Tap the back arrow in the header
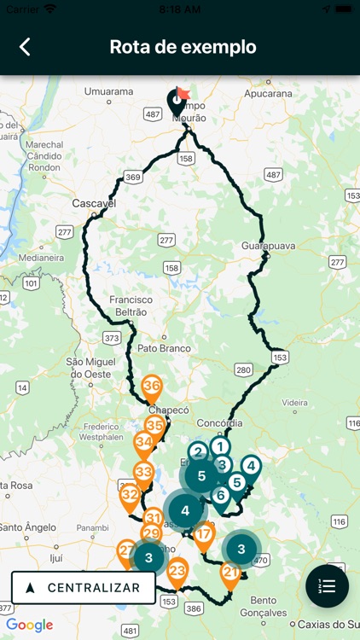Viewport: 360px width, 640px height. point(25,47)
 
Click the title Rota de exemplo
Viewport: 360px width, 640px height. point(183,47)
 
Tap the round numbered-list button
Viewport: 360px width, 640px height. point(327,586)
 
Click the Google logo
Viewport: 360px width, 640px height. point(29,625)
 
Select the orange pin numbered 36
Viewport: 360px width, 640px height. point(152,387)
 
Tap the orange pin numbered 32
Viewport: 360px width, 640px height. point(130,495)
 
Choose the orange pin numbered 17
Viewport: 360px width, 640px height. point(204,537)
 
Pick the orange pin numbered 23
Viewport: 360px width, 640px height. point(177,571)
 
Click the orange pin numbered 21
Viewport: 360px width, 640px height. point(230,573)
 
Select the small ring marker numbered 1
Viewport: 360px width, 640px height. point(220,445)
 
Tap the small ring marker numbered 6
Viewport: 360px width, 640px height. point(220,495)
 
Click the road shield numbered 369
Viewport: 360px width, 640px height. point(132,177)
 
